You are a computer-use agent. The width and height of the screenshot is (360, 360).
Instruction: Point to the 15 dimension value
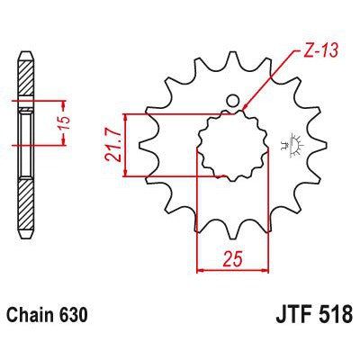62,124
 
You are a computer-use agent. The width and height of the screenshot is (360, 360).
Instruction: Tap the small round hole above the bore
232,101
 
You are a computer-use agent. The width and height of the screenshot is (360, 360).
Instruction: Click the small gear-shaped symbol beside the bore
288,141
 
